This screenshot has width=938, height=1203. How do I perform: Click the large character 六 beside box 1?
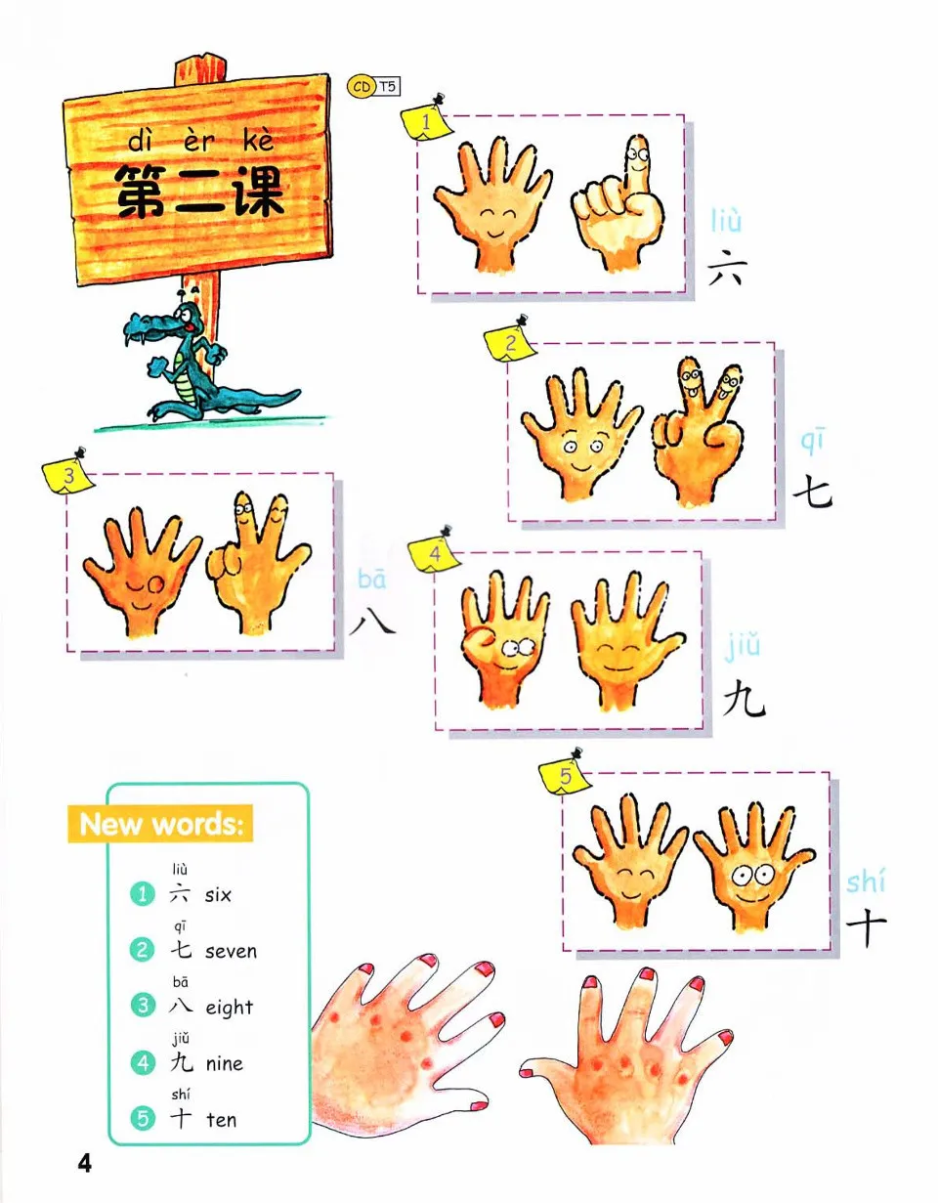pyautogui.click(x=725, y=266)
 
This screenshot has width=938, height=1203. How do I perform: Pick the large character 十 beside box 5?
pyautogui.click(x=866, y=927)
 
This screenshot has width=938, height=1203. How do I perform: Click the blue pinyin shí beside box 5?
pyautogui.click(x=866, y=882)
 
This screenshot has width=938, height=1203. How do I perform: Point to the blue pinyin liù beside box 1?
pyautogui.click(x=726, y=222)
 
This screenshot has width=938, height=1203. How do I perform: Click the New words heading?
pyautogui.click(x=160, y=824)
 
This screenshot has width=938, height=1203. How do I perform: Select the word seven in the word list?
pyautogui.click(x=232, y=951)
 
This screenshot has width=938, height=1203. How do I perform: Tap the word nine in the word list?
pyautogui.click(x=225, y=1063)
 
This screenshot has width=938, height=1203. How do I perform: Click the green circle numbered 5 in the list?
pyautogui.click(x=144, y=1119)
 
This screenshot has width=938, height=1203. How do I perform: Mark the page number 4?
pyautogui.click(x=84, y=1163)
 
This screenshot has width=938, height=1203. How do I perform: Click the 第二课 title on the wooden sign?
pyautogui.click(x=199, y=192)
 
